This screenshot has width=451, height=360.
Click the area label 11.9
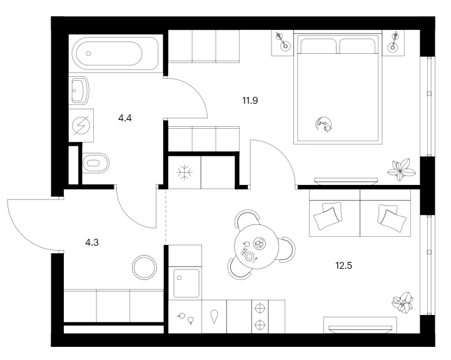pyautogui.click(x=250, y=101)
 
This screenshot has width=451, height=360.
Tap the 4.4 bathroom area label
pyautogui.click(x=125, y=117)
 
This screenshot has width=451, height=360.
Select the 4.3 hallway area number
pyautogui.click(x=92, y=242)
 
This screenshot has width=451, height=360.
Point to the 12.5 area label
pyautogui.click(x=343, y=265)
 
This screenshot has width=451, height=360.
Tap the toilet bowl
pyautogui.click(x=96, y=163)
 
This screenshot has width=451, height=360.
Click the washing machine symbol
pyautogui.click(x=81, y=125)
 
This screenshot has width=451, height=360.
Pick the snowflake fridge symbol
pyautogui.click(x=185, y=172)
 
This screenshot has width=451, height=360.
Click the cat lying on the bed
pyautogui.click(x=323, y=124)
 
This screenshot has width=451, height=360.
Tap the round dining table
pyautogui.click(x=256, y=246)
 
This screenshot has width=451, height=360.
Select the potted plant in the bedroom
pyautogui.click(x=401, y=169)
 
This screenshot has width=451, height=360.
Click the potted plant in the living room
pyautogui.click(x=403, y=303)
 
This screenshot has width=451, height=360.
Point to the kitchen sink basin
pyautogui.click(x=186, y=283)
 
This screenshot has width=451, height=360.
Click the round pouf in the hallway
pyautogui.click(x=144, y=267)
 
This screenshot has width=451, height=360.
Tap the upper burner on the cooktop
pyautogui.click(x=260, y=309)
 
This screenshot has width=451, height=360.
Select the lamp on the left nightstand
pyautogui.click(x=282, y=41)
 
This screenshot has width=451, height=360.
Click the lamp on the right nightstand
pyautogui.click(x=393, y=42)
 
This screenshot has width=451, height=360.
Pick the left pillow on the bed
pyautogui.click(x=318, y=46)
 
